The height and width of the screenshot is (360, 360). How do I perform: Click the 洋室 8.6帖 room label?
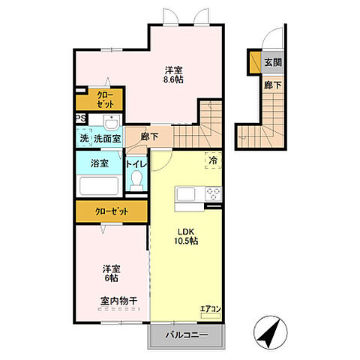173,74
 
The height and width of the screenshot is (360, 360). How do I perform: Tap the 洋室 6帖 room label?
112,274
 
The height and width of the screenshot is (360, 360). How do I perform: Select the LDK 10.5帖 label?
186,236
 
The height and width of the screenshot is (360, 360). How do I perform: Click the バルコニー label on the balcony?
187,335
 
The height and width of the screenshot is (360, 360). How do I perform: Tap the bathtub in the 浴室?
99,185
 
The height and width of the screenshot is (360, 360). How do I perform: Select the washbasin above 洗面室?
112,122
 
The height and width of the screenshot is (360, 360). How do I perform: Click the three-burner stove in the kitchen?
214,193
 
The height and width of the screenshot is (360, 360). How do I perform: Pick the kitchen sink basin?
186,193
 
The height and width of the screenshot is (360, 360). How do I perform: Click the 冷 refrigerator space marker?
213,160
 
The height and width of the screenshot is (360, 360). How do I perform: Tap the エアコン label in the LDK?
211,309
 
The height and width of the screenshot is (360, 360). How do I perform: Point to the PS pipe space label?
81,118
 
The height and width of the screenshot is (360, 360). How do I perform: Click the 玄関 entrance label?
273,62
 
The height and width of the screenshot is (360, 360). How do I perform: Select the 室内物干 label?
118,301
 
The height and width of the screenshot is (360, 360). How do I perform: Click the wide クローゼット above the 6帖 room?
112,211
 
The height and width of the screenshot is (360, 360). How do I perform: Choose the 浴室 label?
100,163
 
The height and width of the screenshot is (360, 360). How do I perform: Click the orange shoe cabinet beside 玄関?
256,62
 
